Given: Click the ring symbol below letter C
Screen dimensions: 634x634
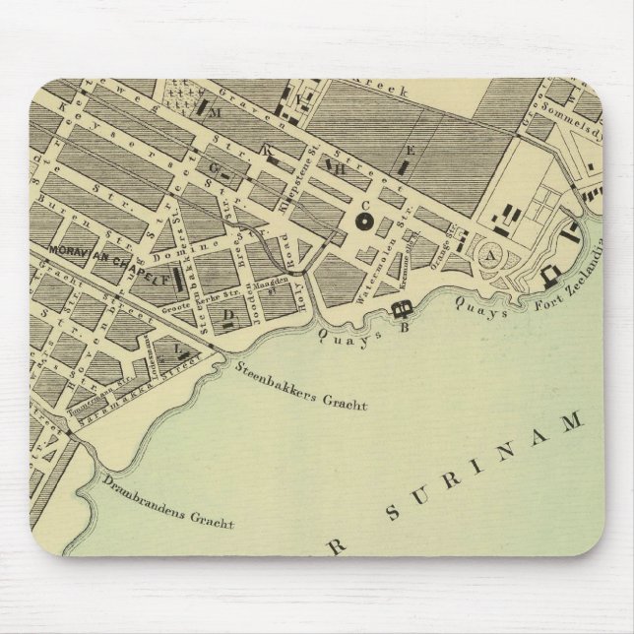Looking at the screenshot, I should pos(363,222).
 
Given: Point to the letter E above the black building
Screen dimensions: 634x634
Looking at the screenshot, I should pos(412,150).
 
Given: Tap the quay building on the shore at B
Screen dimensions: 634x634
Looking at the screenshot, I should pos(402,310).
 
